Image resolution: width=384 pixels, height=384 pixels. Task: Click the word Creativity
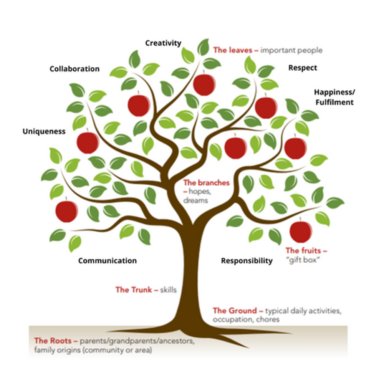163,43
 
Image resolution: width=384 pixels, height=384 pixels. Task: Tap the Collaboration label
74,69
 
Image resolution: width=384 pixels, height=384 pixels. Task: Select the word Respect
303,68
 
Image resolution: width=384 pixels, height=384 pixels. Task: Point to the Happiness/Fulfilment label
334,97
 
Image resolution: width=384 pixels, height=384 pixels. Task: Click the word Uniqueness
44,132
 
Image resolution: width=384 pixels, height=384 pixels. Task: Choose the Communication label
107,261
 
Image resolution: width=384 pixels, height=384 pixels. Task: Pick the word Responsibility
247,261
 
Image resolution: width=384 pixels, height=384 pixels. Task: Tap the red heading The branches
206,183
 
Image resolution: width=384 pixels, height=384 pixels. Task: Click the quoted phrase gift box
303,260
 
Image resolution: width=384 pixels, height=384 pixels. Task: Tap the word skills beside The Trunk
168,290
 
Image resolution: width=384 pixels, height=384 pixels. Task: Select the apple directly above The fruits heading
301,231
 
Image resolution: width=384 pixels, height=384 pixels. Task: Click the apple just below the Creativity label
204,84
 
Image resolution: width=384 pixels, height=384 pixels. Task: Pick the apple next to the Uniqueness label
88,142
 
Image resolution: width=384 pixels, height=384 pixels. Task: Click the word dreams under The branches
195,200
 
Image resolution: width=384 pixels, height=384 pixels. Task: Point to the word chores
269,319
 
